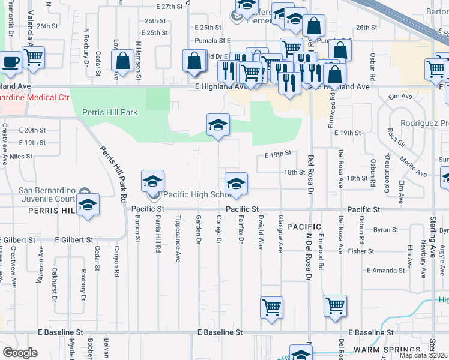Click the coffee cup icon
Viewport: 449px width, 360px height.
10,61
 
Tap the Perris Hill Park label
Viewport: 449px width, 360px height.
110,112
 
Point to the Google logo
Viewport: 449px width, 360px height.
20,353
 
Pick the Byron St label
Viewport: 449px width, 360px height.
382,230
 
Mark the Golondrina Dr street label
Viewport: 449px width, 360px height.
388,169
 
